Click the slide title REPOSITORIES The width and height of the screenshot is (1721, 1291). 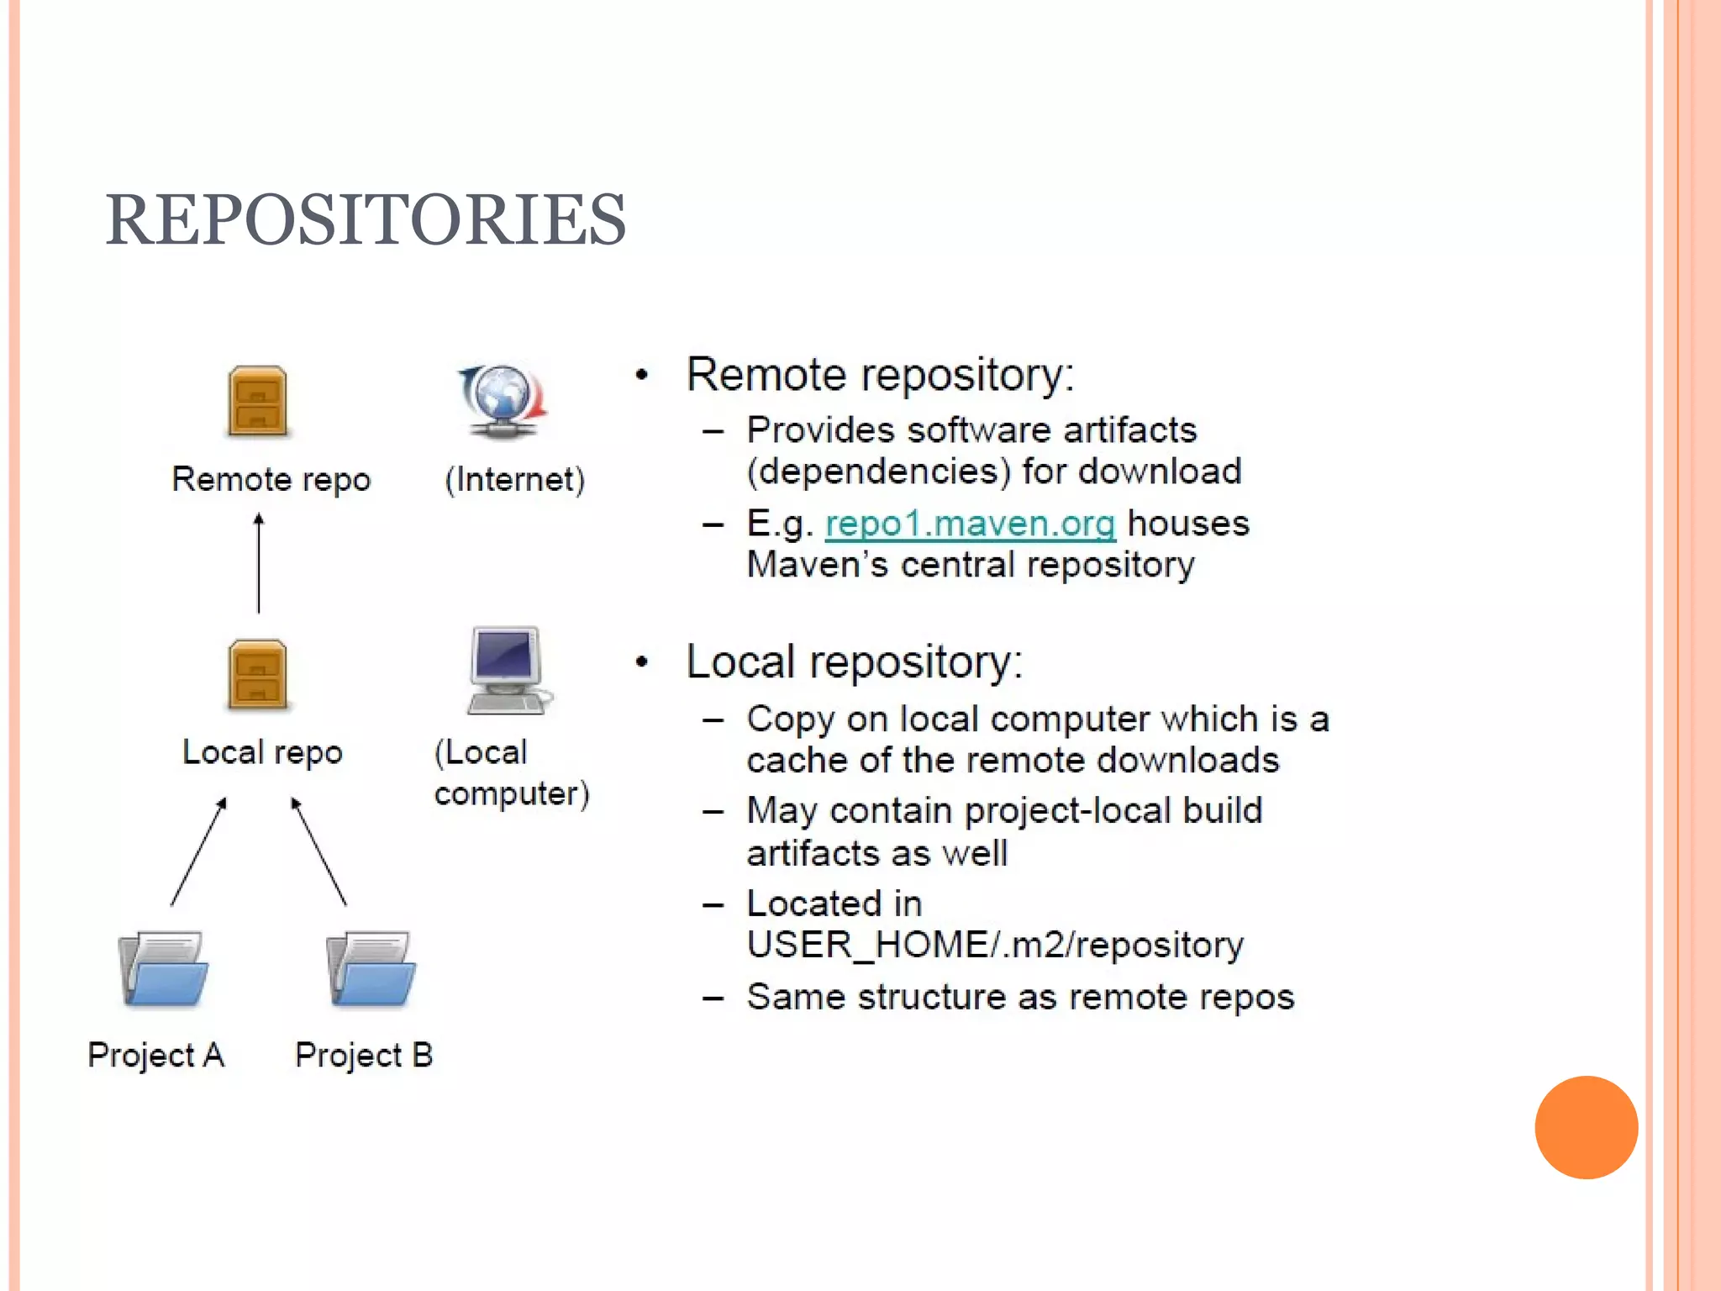pos(366,219)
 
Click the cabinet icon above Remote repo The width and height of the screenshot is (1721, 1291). pos(258,401)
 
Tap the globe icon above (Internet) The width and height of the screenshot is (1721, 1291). pos(503,400)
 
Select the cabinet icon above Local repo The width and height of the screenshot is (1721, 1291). pos(258,675)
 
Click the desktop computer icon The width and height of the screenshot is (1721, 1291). pos(507,671)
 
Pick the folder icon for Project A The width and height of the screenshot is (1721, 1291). pos(163,969)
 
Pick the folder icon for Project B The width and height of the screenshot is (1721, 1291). pos(371,969)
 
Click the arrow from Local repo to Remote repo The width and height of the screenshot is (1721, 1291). pos(259,563)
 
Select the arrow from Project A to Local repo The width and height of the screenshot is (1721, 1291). pos(198,851)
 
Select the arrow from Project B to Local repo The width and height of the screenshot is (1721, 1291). pos(318,851)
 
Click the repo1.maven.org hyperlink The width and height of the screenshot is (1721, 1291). pos(970,524)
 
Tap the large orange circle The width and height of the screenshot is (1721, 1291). pos(1586,1127)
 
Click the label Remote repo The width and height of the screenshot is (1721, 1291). pos(271,479)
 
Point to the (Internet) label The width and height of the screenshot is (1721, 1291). pos(514,479)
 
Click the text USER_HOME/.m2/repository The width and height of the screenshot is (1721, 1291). pos(995,945)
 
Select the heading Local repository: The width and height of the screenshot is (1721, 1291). pos(854,661)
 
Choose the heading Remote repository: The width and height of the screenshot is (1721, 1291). pos(880,374)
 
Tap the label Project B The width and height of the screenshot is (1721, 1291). pos(364,1055)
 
